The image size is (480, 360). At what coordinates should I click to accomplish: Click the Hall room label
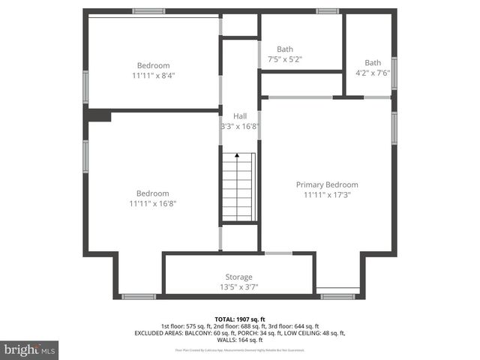pos(240,116)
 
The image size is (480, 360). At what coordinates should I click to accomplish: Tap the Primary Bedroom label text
pos(327,184)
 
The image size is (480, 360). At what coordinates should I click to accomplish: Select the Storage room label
pos(239,277)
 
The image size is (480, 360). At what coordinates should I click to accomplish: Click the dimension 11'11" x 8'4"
pos(153,75)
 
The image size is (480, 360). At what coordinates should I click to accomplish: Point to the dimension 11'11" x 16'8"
pos(153,202)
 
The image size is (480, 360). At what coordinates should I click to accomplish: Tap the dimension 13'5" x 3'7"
pos(239,287)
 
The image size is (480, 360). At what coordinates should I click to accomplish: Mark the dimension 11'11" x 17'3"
pos(327,195)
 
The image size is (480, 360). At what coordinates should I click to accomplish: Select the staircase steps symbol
pos(238,187)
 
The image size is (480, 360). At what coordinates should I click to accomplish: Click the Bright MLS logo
pos(30,349)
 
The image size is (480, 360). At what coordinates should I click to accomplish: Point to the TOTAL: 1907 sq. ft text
pos(239,319)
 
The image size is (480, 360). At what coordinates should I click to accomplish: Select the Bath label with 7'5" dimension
pos(285,49)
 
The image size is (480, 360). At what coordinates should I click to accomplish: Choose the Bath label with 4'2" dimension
pos(373,62)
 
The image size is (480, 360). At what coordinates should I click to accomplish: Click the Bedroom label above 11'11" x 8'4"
pos(153,65)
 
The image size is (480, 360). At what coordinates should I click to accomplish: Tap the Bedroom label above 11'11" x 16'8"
pos(153,193)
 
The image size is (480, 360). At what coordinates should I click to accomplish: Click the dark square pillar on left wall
pos(99,115)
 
